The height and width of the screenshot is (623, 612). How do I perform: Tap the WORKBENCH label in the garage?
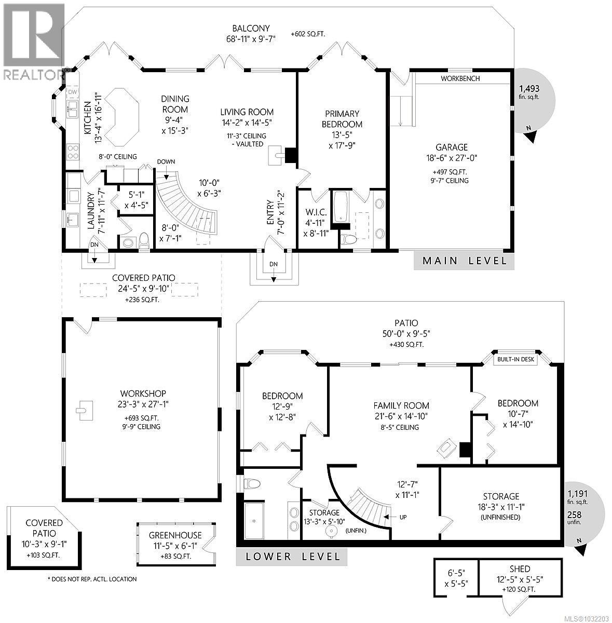pos(460,78)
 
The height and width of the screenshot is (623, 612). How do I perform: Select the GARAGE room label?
pos(452,147)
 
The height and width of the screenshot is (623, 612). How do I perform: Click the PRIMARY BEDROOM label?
pos(342,119)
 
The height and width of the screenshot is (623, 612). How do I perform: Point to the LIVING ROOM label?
pos(247,112)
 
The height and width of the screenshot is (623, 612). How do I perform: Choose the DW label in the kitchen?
pos(72,92)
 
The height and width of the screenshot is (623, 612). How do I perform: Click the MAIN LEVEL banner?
pos(465,261)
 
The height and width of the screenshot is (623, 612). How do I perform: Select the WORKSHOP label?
pos(142,394)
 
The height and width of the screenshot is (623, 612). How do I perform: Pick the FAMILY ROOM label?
pos(401,405)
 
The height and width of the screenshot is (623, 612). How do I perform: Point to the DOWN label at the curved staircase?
pos(166,161)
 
